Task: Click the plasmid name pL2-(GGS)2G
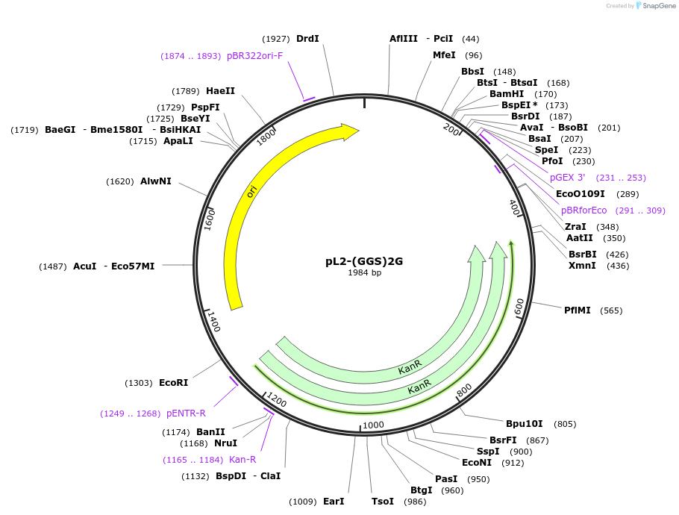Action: (364, 261)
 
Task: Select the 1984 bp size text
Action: (364, 272)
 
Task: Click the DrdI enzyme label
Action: (307, 39)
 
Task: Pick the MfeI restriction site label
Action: (444, 55)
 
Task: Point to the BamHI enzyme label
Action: (507, 94)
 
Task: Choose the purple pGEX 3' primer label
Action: (568, 178)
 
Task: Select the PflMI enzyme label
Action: (578, 310)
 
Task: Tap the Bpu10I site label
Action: (525, 424)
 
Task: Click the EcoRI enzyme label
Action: (173, 383)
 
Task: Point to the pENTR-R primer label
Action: (186, 413)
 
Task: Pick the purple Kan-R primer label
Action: (242, 460)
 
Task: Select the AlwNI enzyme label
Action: (156, 181)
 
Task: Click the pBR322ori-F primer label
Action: (255, 56)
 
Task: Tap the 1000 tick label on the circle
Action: (373, 425)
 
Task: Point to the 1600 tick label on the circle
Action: (210, 218)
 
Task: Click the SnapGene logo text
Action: (657, 6)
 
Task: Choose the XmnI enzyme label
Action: (582, 266)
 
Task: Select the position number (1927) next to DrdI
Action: (275, 39)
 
